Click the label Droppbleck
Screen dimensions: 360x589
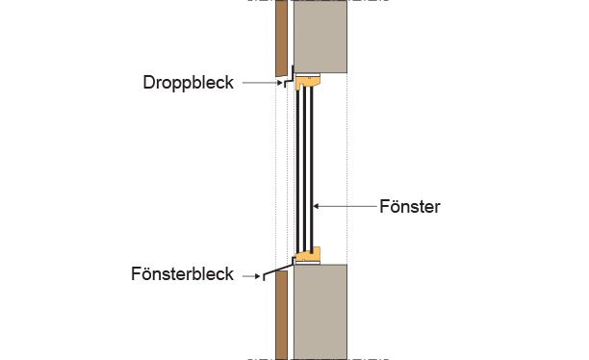click(188, 83)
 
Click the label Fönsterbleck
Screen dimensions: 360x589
click(182, 274)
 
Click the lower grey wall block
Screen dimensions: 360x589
click(320, 311)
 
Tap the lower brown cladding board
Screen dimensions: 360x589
click(281, 313)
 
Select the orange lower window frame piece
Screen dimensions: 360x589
click(308, 254)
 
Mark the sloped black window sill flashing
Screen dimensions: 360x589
click(279, 267)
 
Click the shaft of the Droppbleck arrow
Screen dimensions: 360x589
click(258, 84)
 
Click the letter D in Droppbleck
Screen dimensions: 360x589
click(148, 83)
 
